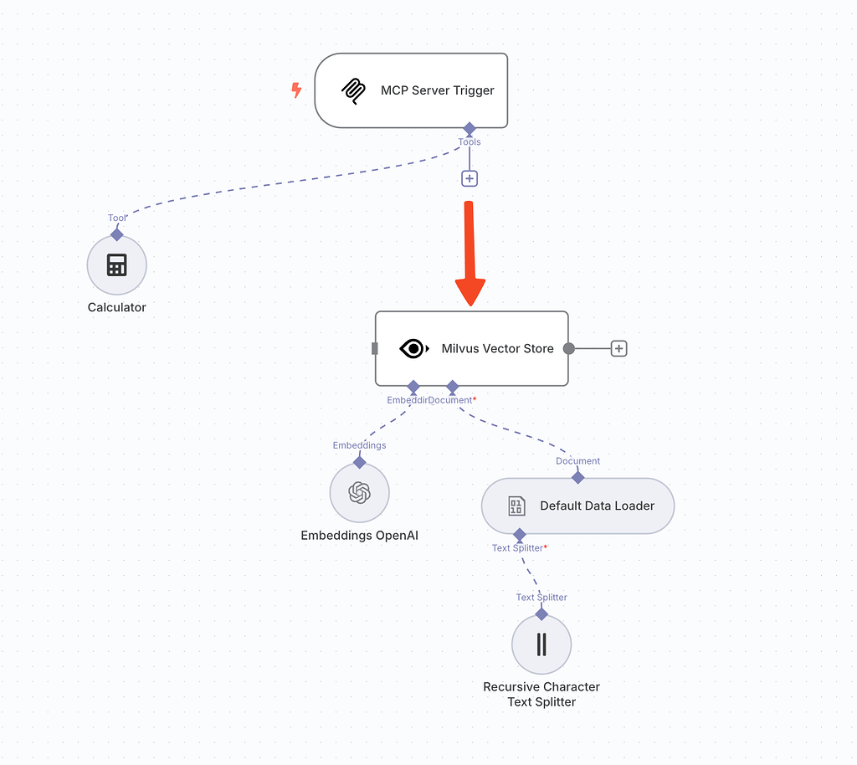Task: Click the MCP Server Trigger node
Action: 411,90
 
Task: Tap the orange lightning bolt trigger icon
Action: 296,90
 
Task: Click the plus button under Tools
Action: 470,178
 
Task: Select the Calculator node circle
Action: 117,265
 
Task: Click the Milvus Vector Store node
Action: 471,348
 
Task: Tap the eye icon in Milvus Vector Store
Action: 413,348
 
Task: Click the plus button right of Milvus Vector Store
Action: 618,348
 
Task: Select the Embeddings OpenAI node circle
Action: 359,493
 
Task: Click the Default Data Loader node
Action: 577,506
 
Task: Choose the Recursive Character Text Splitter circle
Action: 541,644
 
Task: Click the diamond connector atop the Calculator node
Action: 117,234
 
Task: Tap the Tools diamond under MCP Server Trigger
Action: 470,128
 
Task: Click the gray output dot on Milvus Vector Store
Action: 569,348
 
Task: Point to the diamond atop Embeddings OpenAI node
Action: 359,462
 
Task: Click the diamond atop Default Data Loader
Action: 577,477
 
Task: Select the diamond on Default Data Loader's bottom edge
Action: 519,534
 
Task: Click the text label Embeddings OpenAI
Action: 359,535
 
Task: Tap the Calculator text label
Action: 117,307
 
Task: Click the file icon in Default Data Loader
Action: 516,506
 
